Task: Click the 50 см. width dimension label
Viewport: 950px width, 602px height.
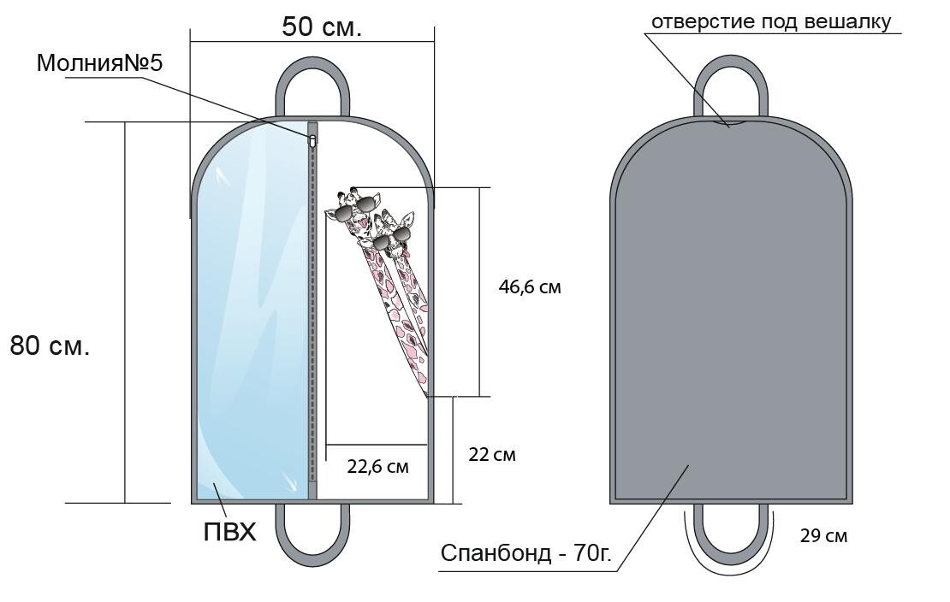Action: pyautogui.click(x=322, y=27)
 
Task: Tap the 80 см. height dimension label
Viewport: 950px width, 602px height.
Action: pyautogui.click(x=50, y=345)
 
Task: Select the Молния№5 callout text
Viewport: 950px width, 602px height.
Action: pyautogui.click(x=100, y=63)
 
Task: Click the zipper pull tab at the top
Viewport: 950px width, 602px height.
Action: pyautogui.click(x=312, y=142)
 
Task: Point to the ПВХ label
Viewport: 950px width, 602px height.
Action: pyautogui.click(x=229, y=533)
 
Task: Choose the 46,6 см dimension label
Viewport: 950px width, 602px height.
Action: pyautogui.click(x=530, y=287)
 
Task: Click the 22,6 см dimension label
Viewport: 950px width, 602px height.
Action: pyautogui.click(x=378, y=466)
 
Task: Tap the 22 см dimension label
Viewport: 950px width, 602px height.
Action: pyautogui.click(x=492, y=454)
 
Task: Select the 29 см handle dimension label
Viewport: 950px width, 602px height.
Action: pyautogui.click(x=824, y=536)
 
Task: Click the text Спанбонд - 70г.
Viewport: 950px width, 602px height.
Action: pyautogui.click(x=525, y=553)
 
